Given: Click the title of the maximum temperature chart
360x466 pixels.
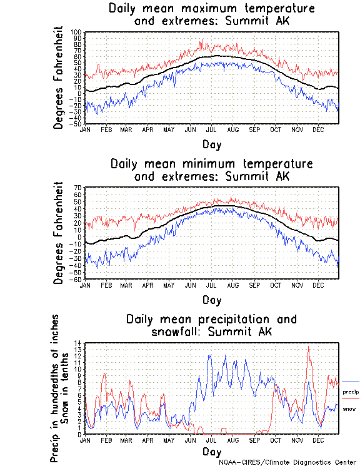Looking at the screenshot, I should click(x=211, y=14).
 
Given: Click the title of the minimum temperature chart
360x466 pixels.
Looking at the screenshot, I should click(x=211, y=170).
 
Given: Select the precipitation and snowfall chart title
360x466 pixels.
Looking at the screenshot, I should click(x=211, y=325).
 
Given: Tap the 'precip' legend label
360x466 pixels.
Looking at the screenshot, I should click(x=351, y=391).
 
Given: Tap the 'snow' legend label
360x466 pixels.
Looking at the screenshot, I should click(x=349, y=408).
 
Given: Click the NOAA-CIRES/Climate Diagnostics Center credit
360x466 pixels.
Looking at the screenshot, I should click(x=287, y=462).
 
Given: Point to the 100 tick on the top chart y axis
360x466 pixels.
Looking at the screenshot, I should click(x=76, y=32).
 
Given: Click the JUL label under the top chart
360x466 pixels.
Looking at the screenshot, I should click(x=211, y=129).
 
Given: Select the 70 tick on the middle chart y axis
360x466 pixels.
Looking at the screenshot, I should click(x=78, y=188).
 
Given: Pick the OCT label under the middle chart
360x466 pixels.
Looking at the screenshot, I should click(x=276, y=285).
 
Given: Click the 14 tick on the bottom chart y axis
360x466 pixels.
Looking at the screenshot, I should click(x=78, y=343).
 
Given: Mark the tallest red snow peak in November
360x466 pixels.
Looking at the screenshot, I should click(x=307, y=348).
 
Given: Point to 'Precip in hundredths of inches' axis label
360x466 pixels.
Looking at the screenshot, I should click(x=54, y=388).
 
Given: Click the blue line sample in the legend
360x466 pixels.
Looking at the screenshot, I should click(x=351, y=382).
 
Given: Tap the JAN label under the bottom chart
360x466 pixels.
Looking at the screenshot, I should click(x=85, y=440).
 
